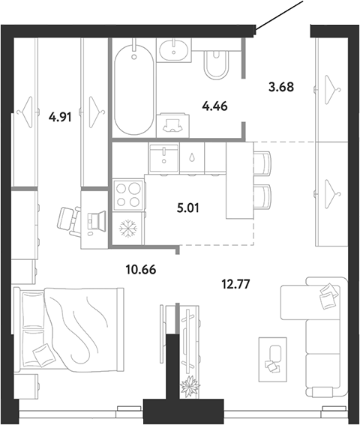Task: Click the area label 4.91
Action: tap(60, 118)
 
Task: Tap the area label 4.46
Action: tap(214, 106)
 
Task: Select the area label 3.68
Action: tap(281, 87)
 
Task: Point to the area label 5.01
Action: tap(187, 208)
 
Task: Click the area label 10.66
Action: tap(141, 270)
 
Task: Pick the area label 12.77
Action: tap(235, 284)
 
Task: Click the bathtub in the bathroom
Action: tap(134, 89)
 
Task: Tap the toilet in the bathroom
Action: tap(216, 64)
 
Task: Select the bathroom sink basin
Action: tap(173, 50)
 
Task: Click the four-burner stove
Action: tap(128, 195)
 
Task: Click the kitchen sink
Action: tap(163, 157)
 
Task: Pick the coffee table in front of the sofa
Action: tap(273, 359)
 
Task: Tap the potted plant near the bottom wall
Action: tap(190, 386)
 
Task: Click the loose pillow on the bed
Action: tap(44, 355)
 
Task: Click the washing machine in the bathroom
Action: tap(172, 125)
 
